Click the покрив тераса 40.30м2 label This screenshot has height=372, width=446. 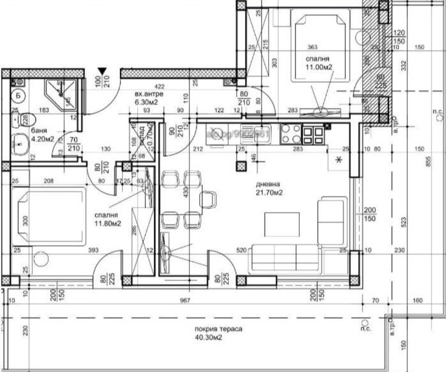click(x=219, y=332)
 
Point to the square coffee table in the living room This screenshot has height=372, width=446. click(x=282, y=224)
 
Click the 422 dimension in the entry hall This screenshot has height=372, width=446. click(x=159, y=87)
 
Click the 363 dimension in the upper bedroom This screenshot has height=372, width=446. click(x=313, y=47)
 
